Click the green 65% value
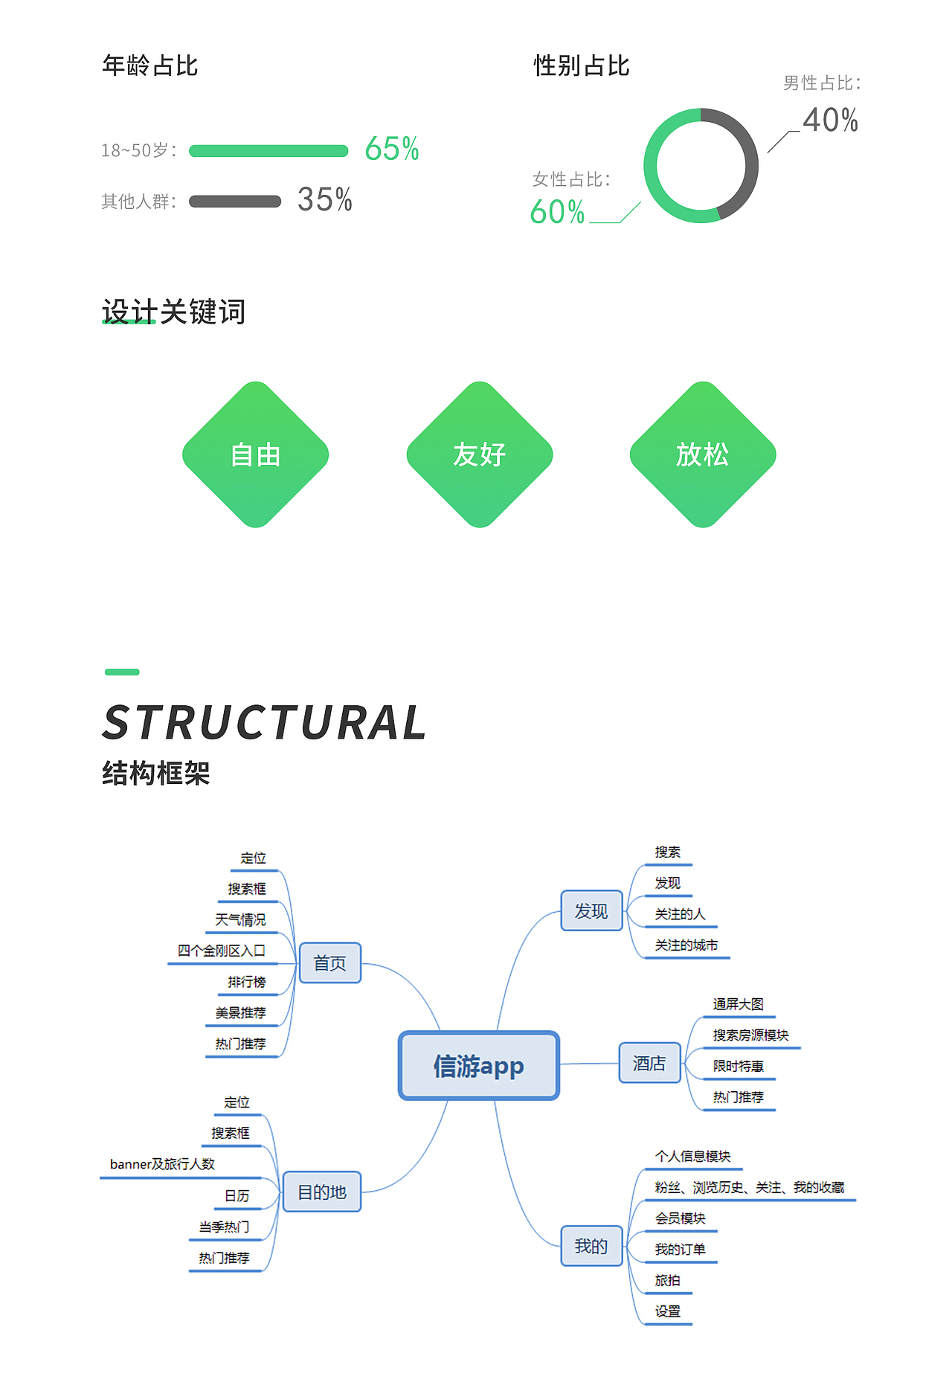click(392, 149)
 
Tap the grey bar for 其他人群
click(235, 202)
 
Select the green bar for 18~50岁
click(268, 151)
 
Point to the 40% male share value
click(830, 120)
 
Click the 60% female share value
click(557, 212)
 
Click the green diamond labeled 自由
click(256, 454)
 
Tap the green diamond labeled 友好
click(480, 454)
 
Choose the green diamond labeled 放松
click(703, 454)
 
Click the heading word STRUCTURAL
click(265, 723)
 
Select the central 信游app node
click(479, 1066)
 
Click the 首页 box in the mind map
click(329, 963)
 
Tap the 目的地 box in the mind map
click(322, 1192)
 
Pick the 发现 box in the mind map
click(591, 911)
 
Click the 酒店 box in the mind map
click(649, 1063)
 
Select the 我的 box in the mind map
click(591, 1246)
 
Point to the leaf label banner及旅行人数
click(162, 1164)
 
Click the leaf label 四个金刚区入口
click(221, 951)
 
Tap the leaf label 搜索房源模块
click(750, 1035)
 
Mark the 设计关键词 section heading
click(173, 312)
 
